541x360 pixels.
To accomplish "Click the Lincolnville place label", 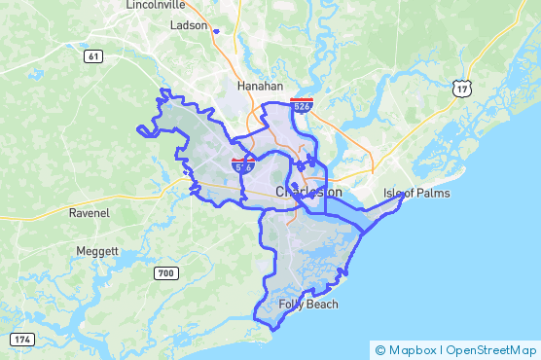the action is pyautogui.click(x=156, y=5).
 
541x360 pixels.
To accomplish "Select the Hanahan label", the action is pyautogui.click(x=260, y=86).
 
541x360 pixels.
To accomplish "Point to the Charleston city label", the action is pyautogui.click(x=308, y=193).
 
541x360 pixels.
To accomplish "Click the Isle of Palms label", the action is pyautogui.click(x=416, y=193).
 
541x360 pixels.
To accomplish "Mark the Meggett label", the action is pyautogui.click(x=97, y=251).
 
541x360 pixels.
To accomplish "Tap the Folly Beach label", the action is pyautogui.click(x=308, y=305).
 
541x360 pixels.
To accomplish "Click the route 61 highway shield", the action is pyautogui.click(x=93, y=56).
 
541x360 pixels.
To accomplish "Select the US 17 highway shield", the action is pyautogui.click(x=461, y=89).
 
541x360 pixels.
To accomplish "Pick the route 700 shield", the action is pyautogui.click(x=165, y=273).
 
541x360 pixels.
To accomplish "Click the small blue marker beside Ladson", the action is pyautogui.click(x=216, y=30).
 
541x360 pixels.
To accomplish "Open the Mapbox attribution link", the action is pyautogui.click(x=412, y=349).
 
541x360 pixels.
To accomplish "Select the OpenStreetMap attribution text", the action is pyautogui.click(x=490, y=349).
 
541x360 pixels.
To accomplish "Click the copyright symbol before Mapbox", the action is pyautogui.click(x=380, y=349).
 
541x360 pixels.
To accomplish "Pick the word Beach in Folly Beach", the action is pyautogui.click(x=321, y=305).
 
